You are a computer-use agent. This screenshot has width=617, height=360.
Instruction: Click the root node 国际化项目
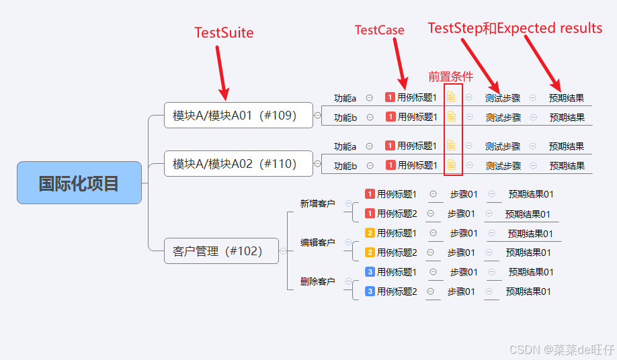tap(79, 183)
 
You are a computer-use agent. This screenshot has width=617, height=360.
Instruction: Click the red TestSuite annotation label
tap(224, 32)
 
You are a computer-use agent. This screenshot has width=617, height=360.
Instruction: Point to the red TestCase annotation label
tap(379, 30)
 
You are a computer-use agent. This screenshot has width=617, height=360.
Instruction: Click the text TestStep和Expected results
tap(515, 28)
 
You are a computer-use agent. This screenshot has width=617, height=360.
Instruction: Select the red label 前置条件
tap(451, 77)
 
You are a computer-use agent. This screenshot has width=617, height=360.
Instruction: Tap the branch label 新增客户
tap(317, 204)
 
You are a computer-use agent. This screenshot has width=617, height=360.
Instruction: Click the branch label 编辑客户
tap(317, 242)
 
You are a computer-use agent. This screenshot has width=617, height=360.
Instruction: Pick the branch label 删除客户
tap(317, 281)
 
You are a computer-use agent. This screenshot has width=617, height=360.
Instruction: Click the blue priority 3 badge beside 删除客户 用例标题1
tap(370, 272)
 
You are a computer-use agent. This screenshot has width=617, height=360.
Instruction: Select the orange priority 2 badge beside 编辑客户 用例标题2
tap(370, 253)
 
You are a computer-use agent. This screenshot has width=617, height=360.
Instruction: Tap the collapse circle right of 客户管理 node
tap(283, 251)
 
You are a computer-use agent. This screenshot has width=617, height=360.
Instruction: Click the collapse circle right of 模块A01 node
tap(317, 116)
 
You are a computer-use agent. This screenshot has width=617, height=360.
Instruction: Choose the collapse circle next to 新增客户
tap(348, 204)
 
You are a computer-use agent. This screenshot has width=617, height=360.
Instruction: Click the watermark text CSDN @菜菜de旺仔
tap(562, 349)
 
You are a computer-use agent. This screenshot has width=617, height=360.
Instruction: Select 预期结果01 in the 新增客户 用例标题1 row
tap(531, 195)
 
